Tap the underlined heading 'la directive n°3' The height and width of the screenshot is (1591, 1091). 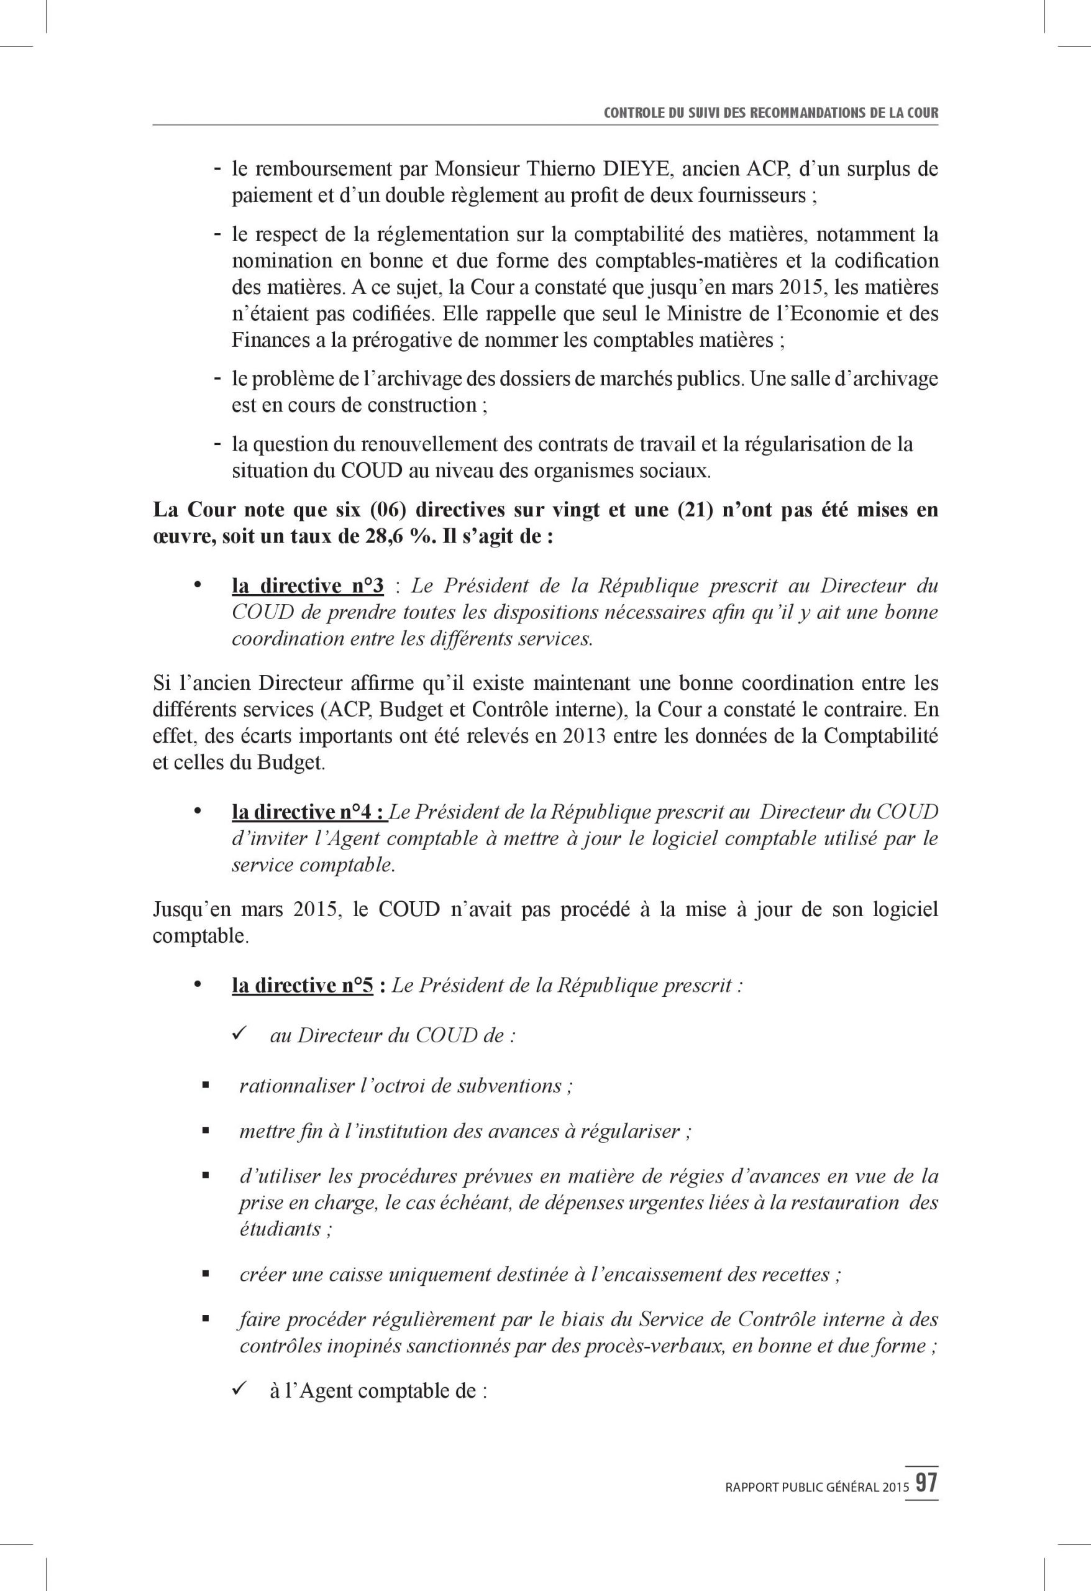pyautogui.click(x=308, y=586)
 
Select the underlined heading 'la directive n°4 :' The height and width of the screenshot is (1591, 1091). pyautogui.click(x=310, y=812)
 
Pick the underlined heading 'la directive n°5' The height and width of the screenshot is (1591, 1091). pyautogui.click(x=303, y=986)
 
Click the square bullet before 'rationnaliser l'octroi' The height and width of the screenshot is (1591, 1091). pyautogui.click(x=204, y=1087)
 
